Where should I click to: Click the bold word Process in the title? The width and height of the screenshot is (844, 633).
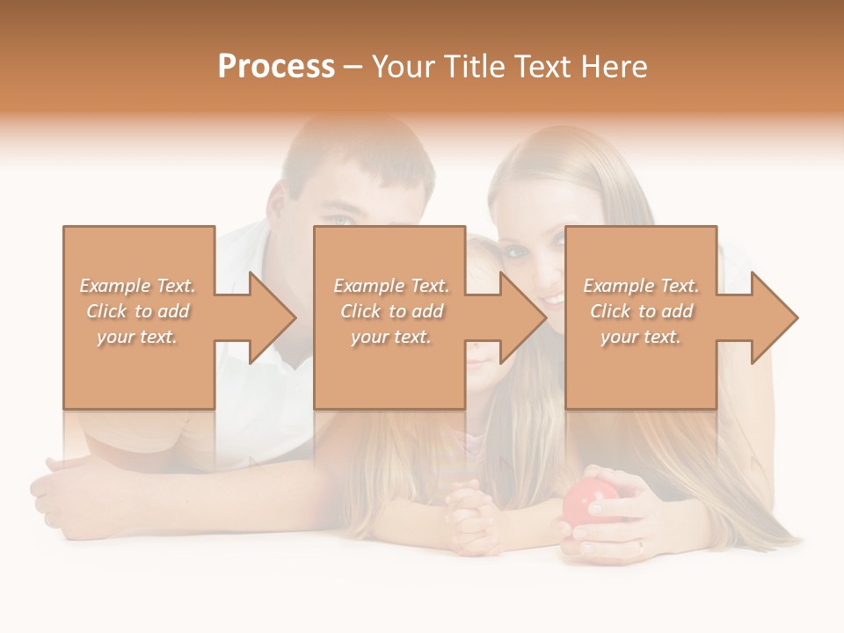[276, 67]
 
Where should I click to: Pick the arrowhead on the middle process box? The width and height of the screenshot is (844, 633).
[521, 317]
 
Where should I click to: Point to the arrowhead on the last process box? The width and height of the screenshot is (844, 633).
[773, 317]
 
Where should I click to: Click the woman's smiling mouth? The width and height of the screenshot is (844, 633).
[551, 300]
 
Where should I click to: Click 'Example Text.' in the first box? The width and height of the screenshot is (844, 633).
[138, 286]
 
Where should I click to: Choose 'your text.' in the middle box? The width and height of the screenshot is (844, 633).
[390, 337]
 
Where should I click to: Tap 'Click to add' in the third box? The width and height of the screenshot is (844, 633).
[641, 311]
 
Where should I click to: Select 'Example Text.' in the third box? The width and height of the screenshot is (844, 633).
[641, 286]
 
